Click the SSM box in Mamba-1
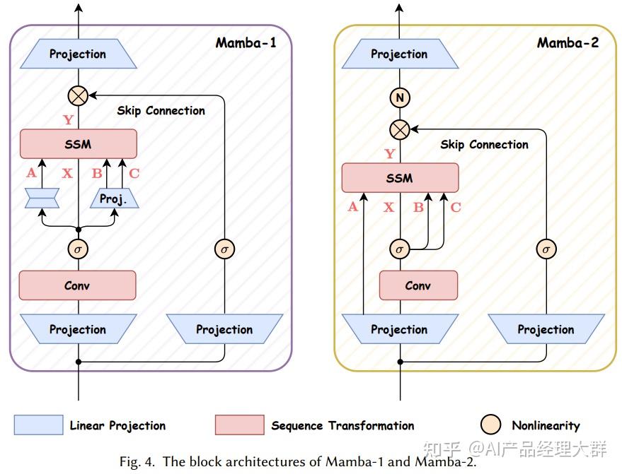[79, 143]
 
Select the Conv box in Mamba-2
[418, 285]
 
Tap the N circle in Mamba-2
[400, 97]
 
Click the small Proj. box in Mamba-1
[114, 199]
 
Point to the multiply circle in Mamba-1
[78, 95]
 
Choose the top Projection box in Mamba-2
[400, 54]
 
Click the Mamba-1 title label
[246, 43]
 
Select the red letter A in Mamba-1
[31, 172]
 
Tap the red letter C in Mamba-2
[456, 207]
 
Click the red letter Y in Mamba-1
[68, 119]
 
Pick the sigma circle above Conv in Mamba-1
[78, 249]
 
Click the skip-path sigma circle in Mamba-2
[546, 249]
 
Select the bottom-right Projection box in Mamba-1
[224, 329]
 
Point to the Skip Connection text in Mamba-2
[484, 145]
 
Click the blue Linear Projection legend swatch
[38, 425]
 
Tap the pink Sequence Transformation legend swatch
[240, 425]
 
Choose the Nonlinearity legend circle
[490, 425]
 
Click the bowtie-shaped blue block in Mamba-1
[42, 199]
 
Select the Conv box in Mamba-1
[78, 285]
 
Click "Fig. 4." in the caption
[137, 462]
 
